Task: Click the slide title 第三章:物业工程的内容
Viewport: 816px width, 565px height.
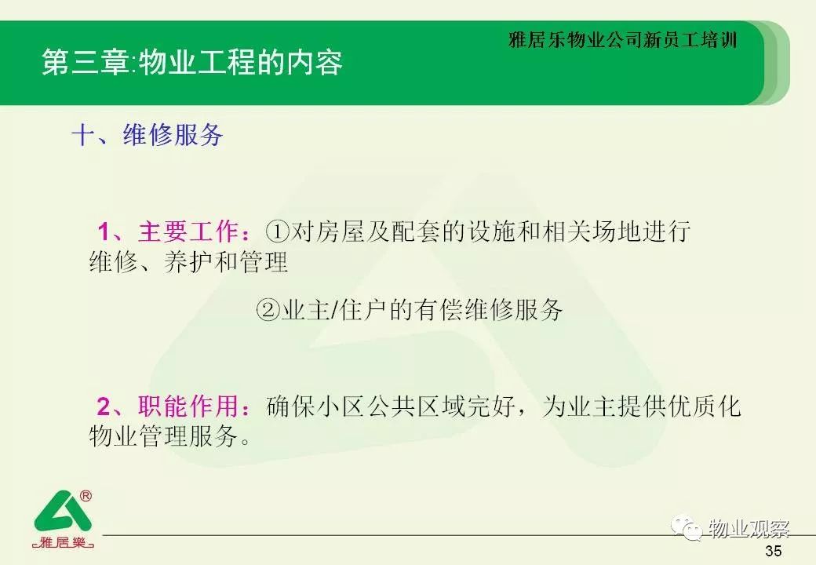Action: point(192,63)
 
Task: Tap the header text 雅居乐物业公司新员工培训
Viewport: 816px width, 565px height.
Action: point(623,40)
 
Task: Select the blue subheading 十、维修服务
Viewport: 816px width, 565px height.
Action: point(148,135)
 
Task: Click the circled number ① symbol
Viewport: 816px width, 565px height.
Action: point(277,231)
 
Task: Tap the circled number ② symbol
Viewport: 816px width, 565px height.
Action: point(268,310)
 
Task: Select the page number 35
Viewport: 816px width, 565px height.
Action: point(774,550)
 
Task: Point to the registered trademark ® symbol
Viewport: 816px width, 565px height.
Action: point(86,496)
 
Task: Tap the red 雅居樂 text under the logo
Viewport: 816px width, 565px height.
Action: point(63,542)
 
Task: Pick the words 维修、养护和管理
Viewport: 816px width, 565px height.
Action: point(188,261)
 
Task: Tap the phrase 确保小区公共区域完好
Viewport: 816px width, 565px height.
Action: point(391,406)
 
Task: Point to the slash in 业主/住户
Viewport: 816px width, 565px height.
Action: point(334,311)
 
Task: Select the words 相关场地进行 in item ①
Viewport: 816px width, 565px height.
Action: point(616,231)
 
